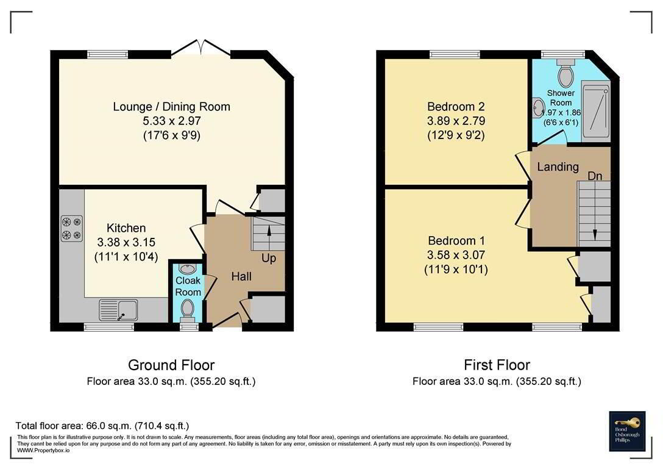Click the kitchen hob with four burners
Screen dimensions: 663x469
[72, 229]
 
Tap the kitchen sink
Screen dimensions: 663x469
[119, 310]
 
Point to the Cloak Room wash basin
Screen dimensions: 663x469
[186, 268]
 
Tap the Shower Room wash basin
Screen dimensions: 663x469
[538, 107]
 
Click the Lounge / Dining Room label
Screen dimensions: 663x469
[172, 107]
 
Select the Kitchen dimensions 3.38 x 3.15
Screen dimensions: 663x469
[126, 242]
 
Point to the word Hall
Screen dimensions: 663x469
[241, 276]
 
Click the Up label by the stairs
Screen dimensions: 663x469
[269, 258]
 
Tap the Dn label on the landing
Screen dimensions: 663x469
[595, 176]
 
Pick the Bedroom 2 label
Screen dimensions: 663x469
[456, 106]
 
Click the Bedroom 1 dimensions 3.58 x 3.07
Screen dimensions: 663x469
[456, 255]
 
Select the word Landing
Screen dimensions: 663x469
[558, 166]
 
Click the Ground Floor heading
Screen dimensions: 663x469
[171, 365]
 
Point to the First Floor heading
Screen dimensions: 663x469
[497, 365]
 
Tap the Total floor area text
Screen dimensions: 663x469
[102, 426]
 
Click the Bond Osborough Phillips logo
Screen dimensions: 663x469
[627, 431]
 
